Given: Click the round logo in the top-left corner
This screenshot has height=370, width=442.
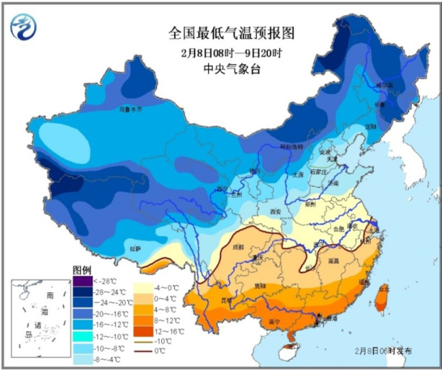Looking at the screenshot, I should pyautogui.click(x=25, y=27).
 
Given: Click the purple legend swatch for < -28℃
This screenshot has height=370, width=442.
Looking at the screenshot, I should pyautogui.click(x=82, y=280).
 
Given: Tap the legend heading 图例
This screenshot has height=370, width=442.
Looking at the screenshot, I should pyautogui.click(x=82, y=270).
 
